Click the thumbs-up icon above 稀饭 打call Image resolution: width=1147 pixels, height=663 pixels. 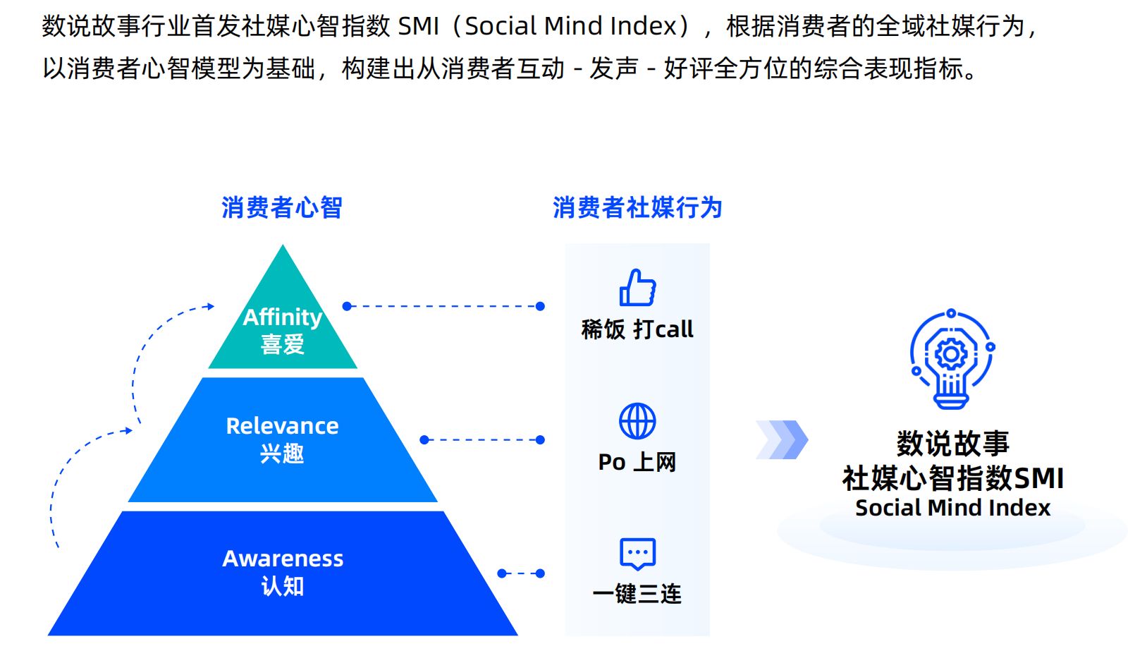(637, 288)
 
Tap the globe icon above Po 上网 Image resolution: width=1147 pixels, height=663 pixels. (637, 421)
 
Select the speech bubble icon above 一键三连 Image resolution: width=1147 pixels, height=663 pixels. (637, 554)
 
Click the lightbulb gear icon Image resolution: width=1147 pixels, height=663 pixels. (951, 360)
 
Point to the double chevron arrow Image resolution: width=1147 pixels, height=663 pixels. (782, 439)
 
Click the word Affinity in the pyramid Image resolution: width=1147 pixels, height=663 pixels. (283, 317)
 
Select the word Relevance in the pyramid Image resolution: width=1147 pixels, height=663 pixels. (282, 426)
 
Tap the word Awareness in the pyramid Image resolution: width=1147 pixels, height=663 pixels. (283, 559)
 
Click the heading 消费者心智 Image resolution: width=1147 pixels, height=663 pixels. (281, 208)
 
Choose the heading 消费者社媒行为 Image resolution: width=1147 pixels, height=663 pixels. (637, 208)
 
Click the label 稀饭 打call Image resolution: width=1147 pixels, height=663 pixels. (637, 329)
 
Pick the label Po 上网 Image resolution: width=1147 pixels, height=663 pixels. (637, 462)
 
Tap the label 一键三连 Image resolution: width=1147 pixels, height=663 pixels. (637, 594)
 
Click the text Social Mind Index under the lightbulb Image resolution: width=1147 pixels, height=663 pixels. (952, 508)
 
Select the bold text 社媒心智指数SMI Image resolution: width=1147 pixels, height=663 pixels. (952, 478)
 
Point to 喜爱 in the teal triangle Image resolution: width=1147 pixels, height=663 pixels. (283, 345)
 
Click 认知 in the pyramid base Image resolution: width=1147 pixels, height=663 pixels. (283, 586)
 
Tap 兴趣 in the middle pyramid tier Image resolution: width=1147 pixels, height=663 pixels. (282, 454)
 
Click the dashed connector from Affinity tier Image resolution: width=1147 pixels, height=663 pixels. (443, 306)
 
